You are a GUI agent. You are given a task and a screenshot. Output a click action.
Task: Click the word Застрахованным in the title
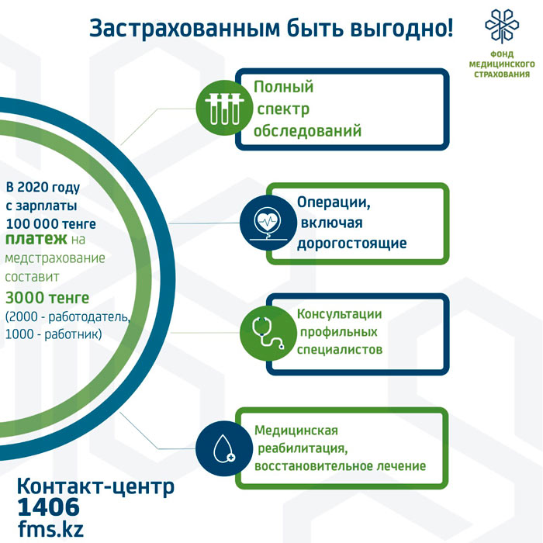point(185,29)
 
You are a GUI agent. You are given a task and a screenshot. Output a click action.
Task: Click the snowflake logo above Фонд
point(502,26)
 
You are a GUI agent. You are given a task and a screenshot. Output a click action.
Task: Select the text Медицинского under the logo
point(502,64)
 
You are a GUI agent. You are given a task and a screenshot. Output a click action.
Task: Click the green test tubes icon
point(224,108)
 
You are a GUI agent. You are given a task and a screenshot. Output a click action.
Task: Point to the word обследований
point(307,131)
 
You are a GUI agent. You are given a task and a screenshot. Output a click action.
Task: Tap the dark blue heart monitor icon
point(268,223)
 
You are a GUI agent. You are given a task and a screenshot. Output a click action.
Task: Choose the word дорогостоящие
point(352,243)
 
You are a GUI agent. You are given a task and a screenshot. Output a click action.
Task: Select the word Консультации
point(340,314)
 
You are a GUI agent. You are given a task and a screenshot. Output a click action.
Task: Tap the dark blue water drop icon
point(224,448)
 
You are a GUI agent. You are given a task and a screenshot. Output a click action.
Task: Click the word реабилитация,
point(303,448)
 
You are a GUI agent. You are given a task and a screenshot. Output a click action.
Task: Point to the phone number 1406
point(48,507)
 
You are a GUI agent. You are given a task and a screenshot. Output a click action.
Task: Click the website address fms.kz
point(51,529)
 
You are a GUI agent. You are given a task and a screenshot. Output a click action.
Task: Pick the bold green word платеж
point(36,239)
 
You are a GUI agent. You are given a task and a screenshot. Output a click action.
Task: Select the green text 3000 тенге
point(47,298)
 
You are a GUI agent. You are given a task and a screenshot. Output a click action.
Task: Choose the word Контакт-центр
point(95,486)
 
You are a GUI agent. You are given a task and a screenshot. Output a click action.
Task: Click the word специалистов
point(340,350)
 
